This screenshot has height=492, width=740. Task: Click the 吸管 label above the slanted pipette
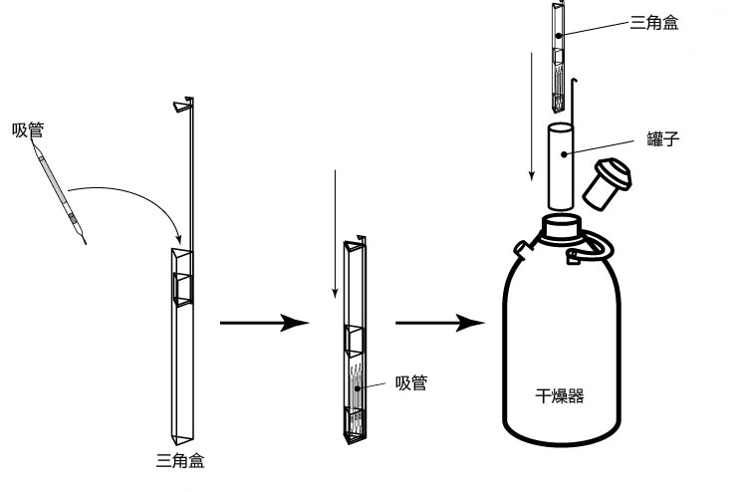click(28, 130)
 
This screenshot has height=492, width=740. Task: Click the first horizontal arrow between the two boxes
click(260, 323)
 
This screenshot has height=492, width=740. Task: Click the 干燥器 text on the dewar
click(559, 395)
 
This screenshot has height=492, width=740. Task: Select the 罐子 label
click(661, 139)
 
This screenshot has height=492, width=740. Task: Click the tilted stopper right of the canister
click(608, 181)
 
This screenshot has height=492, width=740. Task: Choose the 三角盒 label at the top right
click(654, 22)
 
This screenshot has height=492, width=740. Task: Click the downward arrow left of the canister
click(533, 110)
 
